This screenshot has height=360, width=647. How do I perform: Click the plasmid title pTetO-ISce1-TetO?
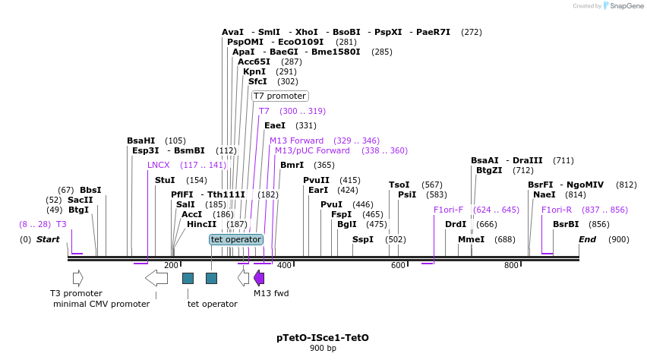coord(323,337)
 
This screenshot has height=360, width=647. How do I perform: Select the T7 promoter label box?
coord(279,96)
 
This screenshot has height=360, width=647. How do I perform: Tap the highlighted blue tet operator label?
coord(236,239)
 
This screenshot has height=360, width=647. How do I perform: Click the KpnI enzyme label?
coord(254,71)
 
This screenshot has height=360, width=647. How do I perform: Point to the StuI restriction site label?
coord(165,180)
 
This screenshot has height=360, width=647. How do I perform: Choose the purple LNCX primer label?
coord(159,165)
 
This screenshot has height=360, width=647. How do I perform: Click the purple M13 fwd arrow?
coord(259,278)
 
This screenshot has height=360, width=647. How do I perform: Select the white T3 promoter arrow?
coord(77,278)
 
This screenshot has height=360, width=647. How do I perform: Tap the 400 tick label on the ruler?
coord(284,265)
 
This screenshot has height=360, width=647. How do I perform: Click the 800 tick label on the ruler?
coord(511,265)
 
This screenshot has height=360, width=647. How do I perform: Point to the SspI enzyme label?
coord(362,239)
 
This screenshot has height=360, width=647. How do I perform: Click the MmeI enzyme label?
coord(471,239)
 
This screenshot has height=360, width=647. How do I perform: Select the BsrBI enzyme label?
coord(565,224)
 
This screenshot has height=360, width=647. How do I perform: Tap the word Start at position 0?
coord(48,239)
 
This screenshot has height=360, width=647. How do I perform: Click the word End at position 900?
coord(587,239)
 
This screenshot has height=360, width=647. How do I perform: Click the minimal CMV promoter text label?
coord(101,304)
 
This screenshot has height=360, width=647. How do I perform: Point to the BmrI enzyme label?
coord(292,165)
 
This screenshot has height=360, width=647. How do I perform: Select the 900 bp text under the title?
coord(323,348)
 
